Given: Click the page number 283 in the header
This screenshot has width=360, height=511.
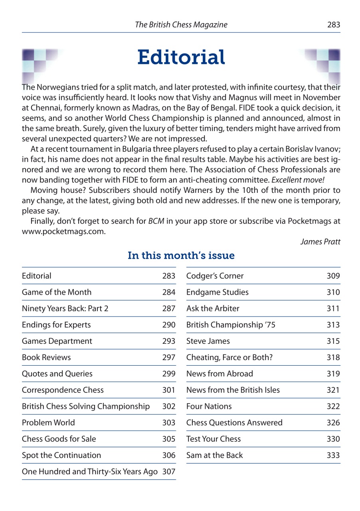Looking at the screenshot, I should (333, 25).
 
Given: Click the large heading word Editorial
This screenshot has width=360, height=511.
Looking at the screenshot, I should (181, 57).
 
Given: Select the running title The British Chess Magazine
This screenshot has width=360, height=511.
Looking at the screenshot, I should (181, 25).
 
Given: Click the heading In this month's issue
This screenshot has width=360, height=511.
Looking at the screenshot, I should (181, 256).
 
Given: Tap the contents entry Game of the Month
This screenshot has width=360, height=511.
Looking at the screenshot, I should (57, 292).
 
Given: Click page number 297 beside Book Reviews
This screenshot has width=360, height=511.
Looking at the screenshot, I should (169, 357).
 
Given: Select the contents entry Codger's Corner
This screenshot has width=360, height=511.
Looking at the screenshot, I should (215, 276).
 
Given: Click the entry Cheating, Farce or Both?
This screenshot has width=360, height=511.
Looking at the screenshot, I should (229, 357).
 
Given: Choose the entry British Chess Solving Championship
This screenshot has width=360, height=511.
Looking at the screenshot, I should (86, 406).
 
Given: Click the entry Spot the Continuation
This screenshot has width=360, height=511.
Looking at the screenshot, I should (61, 455).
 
